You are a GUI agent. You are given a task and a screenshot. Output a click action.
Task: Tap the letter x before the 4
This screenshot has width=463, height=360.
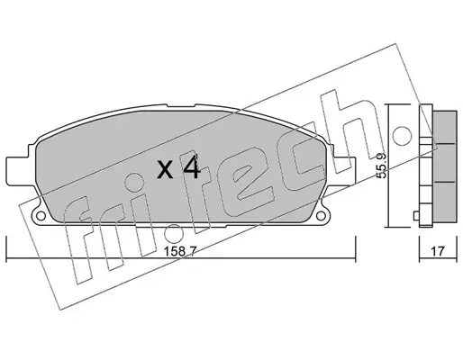pyautogui.click(x=166, y=170)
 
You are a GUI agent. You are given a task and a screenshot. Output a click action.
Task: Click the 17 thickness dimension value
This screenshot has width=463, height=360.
pyautogui.click(x=438, y=251)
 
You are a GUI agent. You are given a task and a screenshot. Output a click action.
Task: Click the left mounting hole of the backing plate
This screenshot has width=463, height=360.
pyautogui.click(x=41, y=215)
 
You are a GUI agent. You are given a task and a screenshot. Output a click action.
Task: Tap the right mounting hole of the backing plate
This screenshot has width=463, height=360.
pyautogui.click(x=321, y=215)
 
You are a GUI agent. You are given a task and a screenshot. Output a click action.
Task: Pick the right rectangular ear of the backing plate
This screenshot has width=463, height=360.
pyautogui.click(x=344, y=170)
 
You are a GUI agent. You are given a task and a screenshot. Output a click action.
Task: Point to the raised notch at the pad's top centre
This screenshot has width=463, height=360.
pyautogui.click(x=180, y=106)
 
